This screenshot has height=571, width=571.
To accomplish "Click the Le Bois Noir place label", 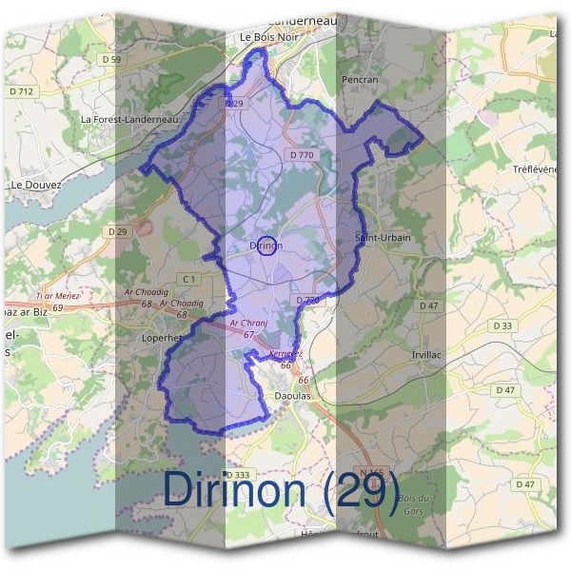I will (x=264, y=36).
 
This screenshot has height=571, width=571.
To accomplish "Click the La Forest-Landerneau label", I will (x=130, y=119).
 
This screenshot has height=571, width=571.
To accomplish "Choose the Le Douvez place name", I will (x=35, y=185).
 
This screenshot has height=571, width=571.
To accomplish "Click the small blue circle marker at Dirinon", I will (x=267, y=245).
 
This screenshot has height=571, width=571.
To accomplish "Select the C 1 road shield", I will (x=190, y=279).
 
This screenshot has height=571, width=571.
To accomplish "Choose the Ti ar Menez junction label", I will (x=59, y=296).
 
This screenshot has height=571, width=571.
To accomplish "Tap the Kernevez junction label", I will (x=285, y=354).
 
